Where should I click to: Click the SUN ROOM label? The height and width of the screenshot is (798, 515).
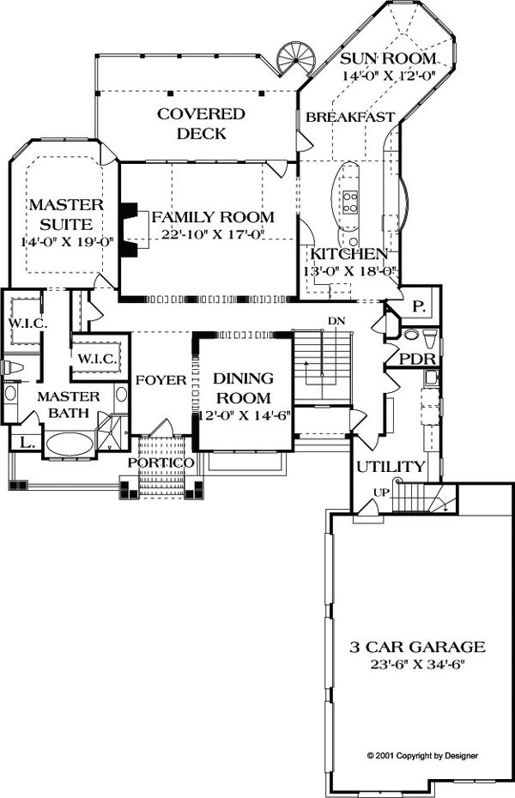coord(388,58)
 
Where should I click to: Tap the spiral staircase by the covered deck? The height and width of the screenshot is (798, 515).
coord(296,57)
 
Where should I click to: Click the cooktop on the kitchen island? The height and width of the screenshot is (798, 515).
coord(350,201)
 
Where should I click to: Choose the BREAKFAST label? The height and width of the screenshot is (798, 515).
coord(350,118)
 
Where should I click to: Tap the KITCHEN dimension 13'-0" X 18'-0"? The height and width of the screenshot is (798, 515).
coord(350,271)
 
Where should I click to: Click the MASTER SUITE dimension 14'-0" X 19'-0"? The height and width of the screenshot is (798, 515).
coord(66,242)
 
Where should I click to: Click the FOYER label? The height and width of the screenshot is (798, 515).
coord(161,380)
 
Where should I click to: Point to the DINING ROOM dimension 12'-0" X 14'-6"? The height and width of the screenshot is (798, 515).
coord(241,415)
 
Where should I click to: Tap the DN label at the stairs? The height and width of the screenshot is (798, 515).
coord(336,321)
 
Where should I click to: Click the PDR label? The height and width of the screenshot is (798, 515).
coord(418,359)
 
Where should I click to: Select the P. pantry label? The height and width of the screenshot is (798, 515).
coord(419,306)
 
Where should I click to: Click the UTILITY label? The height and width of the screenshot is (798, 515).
coord(391,466)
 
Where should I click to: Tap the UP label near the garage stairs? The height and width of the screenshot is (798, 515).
coord(381,493)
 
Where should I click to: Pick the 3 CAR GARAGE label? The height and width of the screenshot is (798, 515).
coord(417,647)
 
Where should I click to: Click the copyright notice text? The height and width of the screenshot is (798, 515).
coord(422,756)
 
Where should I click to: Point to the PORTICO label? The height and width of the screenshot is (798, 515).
coord(161,462)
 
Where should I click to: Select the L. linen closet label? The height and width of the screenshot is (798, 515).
coord(27,443)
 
